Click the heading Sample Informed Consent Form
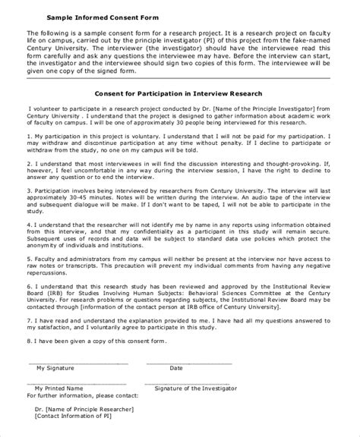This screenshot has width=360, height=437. point(98,16)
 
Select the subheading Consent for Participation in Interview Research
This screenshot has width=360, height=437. point(178,93)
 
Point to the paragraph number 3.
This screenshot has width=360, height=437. point(28,192)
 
